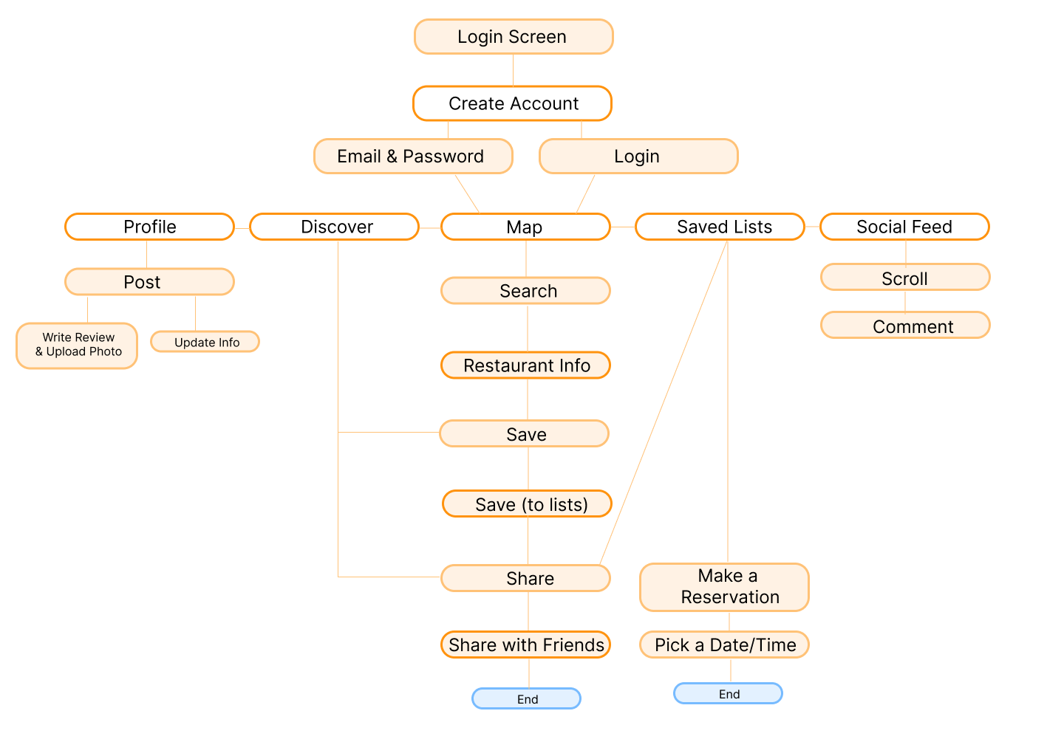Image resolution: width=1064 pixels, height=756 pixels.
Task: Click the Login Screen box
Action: (514, 37)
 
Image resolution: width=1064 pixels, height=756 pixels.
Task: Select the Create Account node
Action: (512, 103)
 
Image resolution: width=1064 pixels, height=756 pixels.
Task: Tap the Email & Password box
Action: (413, 157)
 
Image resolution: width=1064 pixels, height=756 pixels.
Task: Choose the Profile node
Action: (149, 227)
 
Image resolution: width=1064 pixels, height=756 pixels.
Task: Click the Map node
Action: (525, 227)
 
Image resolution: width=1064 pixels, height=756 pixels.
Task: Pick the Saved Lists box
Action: (720, 227)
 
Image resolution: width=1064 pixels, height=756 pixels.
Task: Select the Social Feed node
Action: (904, 227)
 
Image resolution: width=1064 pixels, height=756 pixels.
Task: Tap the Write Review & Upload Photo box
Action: (77, 345)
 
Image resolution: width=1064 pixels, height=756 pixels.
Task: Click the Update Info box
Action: (205, 342)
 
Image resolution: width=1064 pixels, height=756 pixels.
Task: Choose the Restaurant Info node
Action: (525, 365)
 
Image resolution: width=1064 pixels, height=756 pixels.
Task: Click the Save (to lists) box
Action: (527, 504)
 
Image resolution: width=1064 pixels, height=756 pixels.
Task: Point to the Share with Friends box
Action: (525, 645)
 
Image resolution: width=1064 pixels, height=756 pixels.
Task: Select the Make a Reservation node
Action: (724, 587)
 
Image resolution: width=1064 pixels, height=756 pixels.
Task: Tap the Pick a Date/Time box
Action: (724, 645)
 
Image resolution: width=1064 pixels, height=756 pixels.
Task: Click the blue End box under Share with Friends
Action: (526, 698)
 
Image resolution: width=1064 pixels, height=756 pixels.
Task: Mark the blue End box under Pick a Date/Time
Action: (728, 693)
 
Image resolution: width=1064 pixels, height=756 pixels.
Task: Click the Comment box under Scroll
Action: (905, 326)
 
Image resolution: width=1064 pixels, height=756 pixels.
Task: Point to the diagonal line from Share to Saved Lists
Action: (664, 402)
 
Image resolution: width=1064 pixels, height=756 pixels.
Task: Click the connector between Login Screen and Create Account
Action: (514, 70)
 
